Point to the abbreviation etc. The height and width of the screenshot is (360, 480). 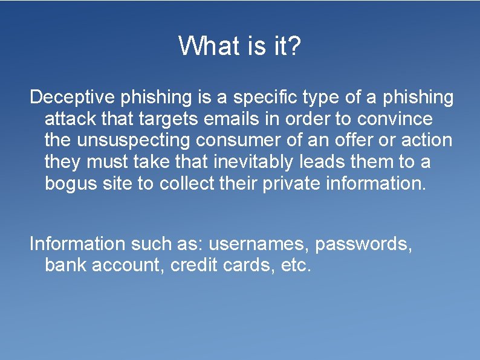[x=296, y=265]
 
